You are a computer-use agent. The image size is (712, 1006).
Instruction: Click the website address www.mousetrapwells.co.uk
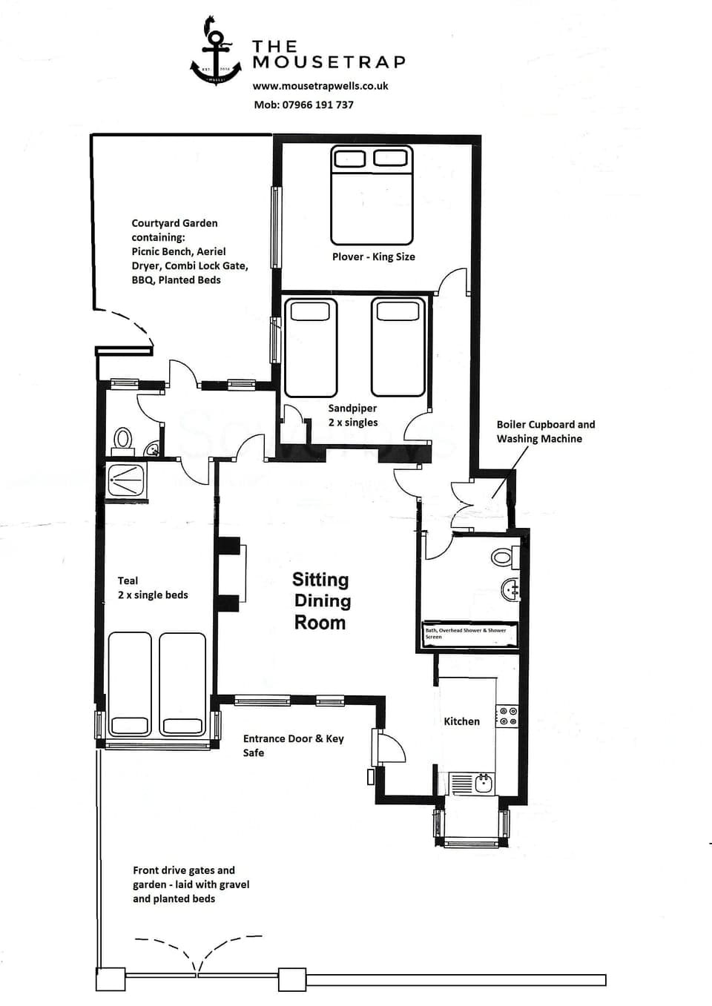(320, 86)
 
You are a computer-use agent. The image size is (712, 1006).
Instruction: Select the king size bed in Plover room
(372, 196)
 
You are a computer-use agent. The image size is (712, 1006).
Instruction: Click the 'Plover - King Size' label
(373, 257)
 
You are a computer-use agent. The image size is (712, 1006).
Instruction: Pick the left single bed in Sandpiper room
(310, 347)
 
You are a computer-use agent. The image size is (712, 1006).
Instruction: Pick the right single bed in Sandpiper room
(398, 347)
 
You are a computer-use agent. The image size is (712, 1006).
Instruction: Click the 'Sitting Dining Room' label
(320, 601)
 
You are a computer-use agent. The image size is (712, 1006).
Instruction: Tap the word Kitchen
(461, 721)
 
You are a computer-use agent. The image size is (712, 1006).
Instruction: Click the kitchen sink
(484, 783)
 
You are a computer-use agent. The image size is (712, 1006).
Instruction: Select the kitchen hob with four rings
(508, 716)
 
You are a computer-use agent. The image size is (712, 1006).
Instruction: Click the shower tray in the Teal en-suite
(127, 480)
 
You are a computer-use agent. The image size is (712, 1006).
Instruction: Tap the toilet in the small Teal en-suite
(123, 438)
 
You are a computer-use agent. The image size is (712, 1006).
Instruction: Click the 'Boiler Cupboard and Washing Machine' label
(545, 431)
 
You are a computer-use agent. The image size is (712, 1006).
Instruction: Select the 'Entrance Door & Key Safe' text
(293, 746)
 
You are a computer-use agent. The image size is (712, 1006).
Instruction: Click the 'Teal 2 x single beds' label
(153, 588)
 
